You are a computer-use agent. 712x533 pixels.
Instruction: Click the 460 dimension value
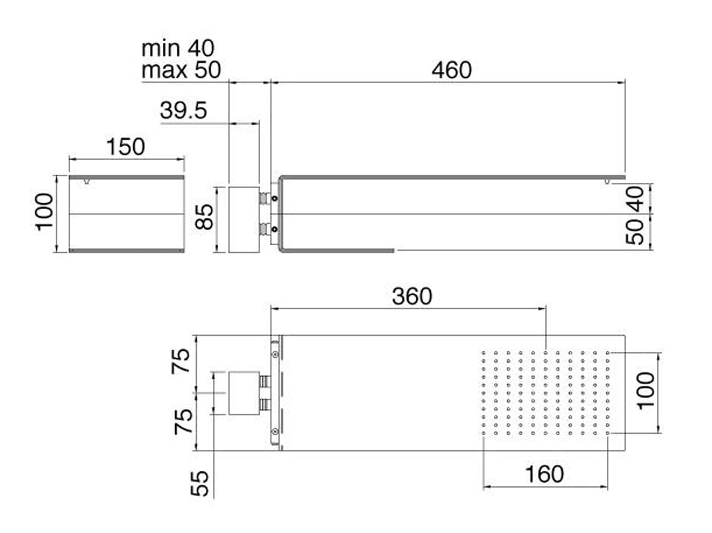point(451,70)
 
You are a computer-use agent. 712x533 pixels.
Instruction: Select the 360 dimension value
point(412,296)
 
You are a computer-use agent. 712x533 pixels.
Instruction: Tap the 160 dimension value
point(544,474)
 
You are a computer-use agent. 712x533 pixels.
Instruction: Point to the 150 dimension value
point(126,147)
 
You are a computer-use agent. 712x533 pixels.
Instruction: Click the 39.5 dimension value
point(183,111)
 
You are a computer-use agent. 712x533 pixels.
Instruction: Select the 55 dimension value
point(199,484)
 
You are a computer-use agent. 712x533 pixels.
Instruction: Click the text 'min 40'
point(178,48)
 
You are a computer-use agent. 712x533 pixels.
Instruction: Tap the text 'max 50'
point(181,70)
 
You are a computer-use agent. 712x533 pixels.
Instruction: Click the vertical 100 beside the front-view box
point(44,212)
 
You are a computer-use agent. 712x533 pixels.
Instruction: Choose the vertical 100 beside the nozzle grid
point(646,391)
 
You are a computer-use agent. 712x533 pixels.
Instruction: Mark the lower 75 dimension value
point(183,421)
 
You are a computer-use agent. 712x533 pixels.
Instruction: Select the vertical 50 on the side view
point(635,232)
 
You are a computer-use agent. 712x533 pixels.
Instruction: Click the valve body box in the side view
point(244,220)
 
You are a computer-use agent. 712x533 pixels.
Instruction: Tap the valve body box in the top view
point(244,393)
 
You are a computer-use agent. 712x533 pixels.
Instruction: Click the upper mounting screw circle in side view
point(275,198)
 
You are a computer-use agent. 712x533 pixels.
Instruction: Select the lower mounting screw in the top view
point(275,431)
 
